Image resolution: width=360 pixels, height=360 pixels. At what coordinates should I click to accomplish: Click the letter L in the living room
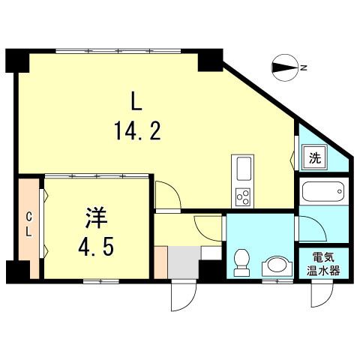click(136, 100)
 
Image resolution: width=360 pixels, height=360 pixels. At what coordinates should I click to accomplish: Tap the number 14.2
click(137, 130)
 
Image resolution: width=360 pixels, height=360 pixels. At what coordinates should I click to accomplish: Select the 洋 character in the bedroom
click(97, 217)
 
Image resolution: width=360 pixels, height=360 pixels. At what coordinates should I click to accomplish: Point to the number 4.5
click(96, 245)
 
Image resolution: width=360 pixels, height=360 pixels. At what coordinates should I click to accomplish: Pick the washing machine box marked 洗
click(315, 157)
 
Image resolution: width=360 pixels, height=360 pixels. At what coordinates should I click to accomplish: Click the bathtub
click(323, 191)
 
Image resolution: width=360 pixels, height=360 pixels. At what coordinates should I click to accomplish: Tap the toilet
click(241, 262)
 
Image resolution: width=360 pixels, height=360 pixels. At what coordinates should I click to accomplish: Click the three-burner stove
click(243, 197)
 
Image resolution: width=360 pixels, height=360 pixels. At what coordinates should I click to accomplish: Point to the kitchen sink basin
click(244, 169)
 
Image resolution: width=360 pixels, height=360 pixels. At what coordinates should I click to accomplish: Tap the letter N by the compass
click(304, 67)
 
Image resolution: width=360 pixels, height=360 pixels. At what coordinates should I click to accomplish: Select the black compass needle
click(284, 67)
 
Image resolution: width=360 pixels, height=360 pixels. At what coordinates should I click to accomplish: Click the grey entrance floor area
click(184, 262)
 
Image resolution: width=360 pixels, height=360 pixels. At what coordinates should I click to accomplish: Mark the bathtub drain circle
click(339, 191)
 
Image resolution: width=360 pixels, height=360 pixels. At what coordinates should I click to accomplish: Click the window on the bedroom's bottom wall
click(101, 281)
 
